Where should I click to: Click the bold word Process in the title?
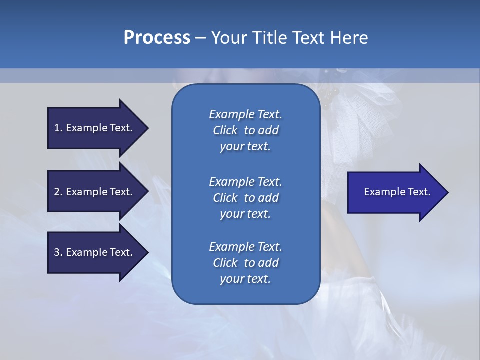coord(157,38)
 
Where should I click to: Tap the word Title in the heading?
coord(269,38)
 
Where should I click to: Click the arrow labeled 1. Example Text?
coord(95,128)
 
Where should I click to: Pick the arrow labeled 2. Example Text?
coord(95,192)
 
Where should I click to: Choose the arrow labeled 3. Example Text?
coord(95,252)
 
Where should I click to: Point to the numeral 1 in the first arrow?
coord(57,128)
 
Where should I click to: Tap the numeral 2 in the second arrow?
coord(57,192)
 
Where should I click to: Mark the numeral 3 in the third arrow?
coord(57,252)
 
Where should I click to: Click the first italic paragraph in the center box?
coord(245,130)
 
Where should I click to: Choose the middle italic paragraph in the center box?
coord(245,197)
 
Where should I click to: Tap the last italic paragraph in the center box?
coord(245,263)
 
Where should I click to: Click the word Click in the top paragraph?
coord(225,130)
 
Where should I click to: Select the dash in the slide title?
coord(200,38)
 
